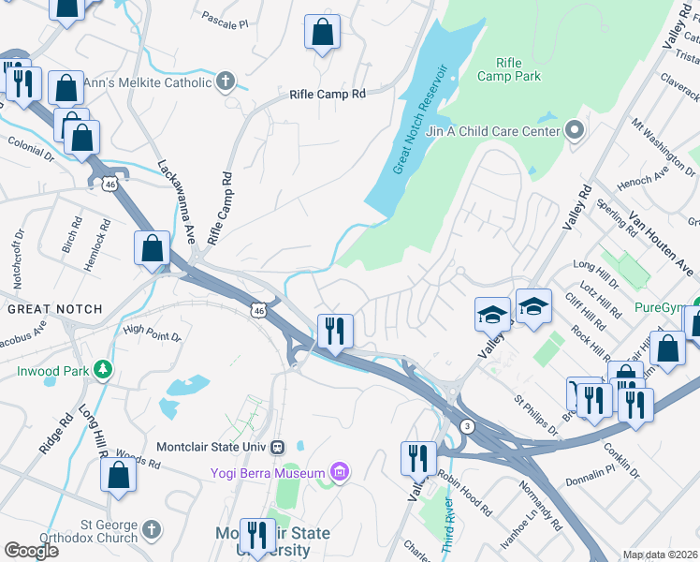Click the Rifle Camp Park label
pos(506,68)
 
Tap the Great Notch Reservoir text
pos(419,120)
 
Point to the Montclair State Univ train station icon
pos(278,447)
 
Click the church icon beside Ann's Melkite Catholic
pos(225,83)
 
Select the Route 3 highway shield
pos(468,426)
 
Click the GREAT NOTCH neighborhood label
pos(49,308)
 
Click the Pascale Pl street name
pos(226,19)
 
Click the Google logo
pos(31,551)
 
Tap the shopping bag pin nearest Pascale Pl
pos(322,33)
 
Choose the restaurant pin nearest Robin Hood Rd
pos(418,459)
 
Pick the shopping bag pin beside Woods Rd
pos(119,475)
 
